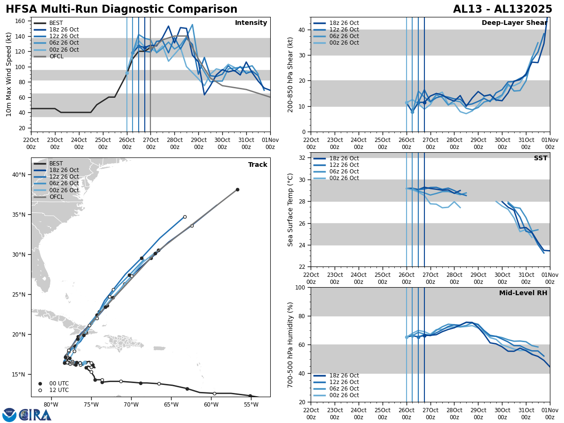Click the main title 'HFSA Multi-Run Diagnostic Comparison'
121,9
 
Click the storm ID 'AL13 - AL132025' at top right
502,9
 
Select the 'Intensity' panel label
251,23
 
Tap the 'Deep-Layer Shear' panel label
514,23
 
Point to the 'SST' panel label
540,158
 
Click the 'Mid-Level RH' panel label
523,293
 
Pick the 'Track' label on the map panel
258,165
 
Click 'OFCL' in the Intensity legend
56,56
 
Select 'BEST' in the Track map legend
56,164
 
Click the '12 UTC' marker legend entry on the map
59,390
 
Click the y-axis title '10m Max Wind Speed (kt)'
9,74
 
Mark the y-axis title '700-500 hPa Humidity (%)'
291,345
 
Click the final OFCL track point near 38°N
237,189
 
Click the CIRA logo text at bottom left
35,415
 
